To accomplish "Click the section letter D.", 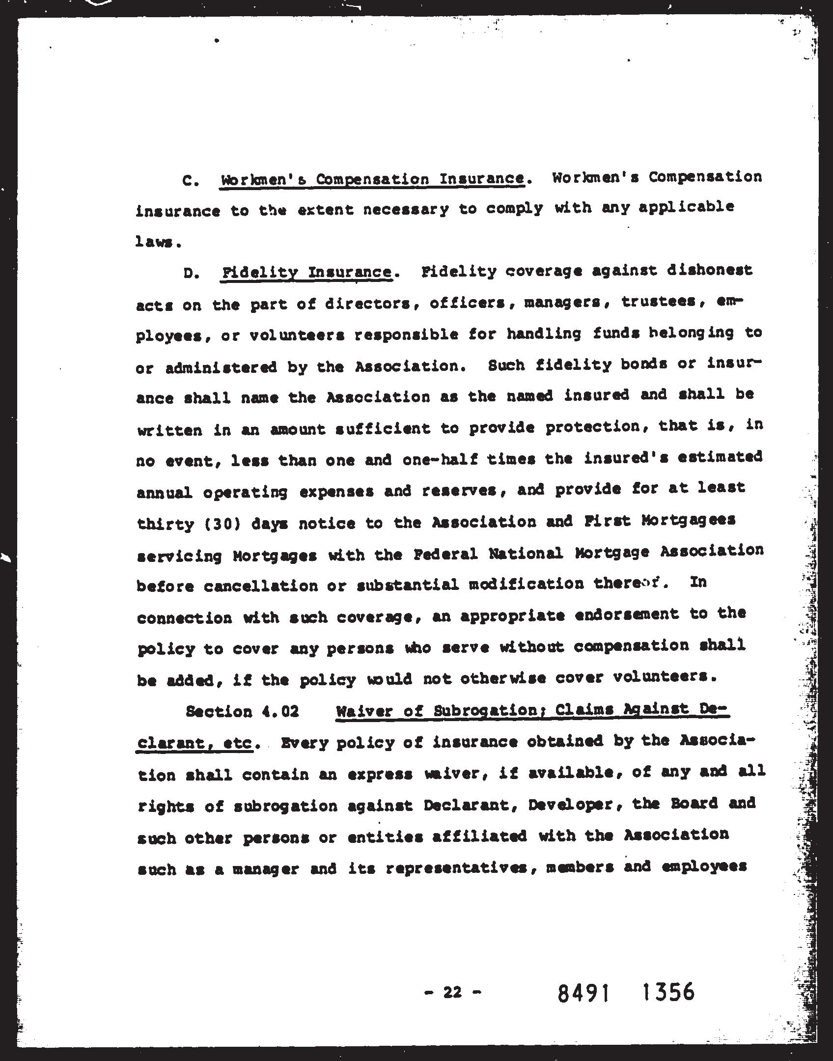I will [189, 274].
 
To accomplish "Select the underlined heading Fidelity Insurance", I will [306, 273].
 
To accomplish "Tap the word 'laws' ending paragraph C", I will [154, 243].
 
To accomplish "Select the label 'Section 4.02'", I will [242, 712].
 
